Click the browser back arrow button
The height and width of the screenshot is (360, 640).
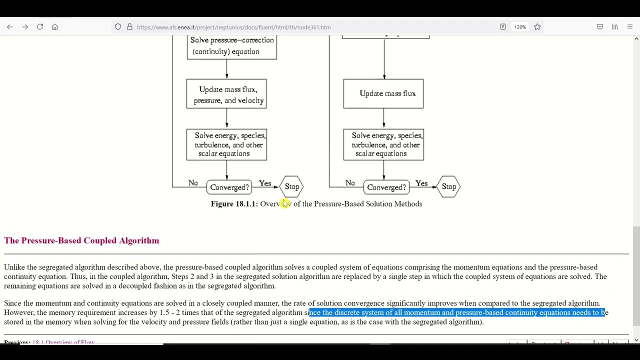pyautogui.click(x=10, y=27)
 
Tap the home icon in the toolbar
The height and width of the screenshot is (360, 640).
pyautogui.click(x=55, y=27)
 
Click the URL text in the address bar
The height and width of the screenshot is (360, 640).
pyautogui.click(x=233, y=27)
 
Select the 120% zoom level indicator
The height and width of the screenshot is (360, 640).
pyautogui.click(x=520, y=27)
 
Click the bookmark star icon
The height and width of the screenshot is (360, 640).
pyautogui.click(x=537, y=27)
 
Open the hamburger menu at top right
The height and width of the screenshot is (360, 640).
pyautogui.click(x=629, y=27)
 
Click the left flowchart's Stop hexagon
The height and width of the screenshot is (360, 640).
pyautogui.click(x=292, y=186)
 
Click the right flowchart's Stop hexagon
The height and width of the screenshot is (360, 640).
pyautogui.click(x=449, y=186)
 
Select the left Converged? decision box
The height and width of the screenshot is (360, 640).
pyautogui.click(x=229, y=187)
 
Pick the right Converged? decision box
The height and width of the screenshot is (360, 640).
pyautogui.click(x=386, y=187)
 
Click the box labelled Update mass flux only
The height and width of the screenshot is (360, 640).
pyautogui.click(x=383, y=93)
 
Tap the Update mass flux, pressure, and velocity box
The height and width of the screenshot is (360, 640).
pyautogui.click(x=226, y=94)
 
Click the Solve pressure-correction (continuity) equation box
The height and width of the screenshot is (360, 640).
pyautogui.click(x=231, y=46)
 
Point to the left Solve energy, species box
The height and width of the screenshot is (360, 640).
pyautogui.click(x=226, y=144)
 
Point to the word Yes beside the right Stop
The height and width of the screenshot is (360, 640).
pyautogui.click(x=421, y=183)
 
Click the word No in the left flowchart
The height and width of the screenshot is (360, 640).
pyautogui.click(x=193, y=183)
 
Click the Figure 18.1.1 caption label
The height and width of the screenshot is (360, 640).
pyautogui.click(x=234, y=204)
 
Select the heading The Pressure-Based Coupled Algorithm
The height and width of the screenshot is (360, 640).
pyautogui.click(x=81, y=240)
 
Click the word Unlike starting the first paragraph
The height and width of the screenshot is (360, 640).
pyautogui.click(x=14, y=267)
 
